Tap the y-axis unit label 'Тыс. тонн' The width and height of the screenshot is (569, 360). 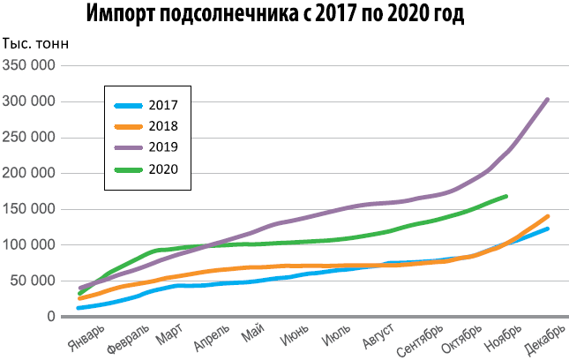pyautogui.click(x=36, y=45)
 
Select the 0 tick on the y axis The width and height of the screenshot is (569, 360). pyautogui.click(x=51, y=316)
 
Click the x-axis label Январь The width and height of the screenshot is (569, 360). pyautogui.click(x=86, y=336)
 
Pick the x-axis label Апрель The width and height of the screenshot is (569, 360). pyautogui.click(x=212, y=336)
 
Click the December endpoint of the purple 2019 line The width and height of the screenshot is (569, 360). pyautogui.click(x=548, y=100)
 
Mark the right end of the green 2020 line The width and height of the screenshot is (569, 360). pyautogui.click(x=505, y=196)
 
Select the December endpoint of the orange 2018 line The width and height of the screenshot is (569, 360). pyautogui.click(x=548, y=216)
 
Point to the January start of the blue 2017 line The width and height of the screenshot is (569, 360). pyautogui.click(x=79, y=308)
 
